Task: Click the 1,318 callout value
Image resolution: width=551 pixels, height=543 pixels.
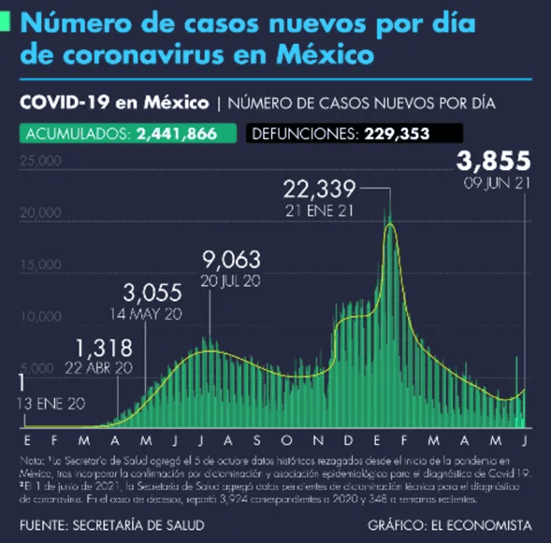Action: click(x=99, y=348)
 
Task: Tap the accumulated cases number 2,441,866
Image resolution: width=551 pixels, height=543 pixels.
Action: click(x=176, y=134)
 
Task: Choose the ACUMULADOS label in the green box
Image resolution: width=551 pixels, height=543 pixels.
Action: click(x=78, y=134)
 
